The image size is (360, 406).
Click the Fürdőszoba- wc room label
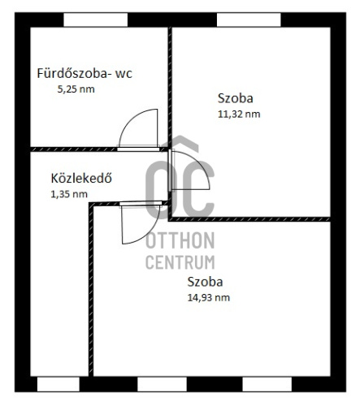coord(85,73)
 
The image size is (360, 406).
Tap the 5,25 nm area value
coord(76,89)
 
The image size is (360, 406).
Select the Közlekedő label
coord(81,179)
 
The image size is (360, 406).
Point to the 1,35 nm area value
coord(69,194)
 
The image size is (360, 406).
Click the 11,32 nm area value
coord(239,114)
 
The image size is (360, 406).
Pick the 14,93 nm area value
coord(209,298)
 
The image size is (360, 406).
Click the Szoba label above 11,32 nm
coord(236,98)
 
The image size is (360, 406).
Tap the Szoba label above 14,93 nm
coord(205,282)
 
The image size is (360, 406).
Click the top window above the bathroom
coord(95,19)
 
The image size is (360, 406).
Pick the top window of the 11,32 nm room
coord(249,19)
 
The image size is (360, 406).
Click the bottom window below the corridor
coord(59,384)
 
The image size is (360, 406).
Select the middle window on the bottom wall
coord(162,384)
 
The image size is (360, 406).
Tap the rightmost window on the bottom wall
coord(267,384)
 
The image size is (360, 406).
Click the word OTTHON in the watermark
coord(180,240)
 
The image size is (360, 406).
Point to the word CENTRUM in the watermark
coord(180,262)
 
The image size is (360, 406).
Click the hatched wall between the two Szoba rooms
coord(249,219)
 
